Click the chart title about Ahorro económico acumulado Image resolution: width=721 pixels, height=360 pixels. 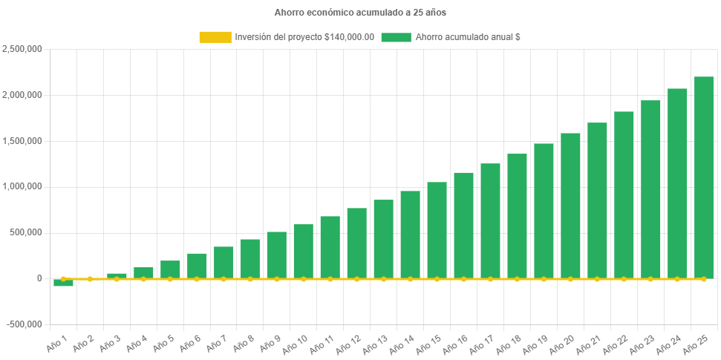pyautogui.click(x=360, y=13)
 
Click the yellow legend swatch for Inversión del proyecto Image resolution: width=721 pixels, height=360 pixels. pyautogui.click(x=215, y=37)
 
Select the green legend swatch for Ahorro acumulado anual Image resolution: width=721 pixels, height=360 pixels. pyautogui.click(x=396, y=37)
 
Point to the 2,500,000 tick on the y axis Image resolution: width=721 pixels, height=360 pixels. pyautogui.click(x=22, y=49)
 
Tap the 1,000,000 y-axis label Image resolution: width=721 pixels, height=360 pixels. pyautogui.click(x=22, y=186)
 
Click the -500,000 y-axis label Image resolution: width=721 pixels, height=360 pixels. pyautogui.click(x=24, y=324)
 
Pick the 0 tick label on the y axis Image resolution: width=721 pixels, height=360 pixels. pyautogui.click(x=39, y=278)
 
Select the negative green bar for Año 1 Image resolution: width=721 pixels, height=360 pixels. pyautogui.click(x=63, y=283)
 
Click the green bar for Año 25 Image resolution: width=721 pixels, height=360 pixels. pyautogui.click(x=703, y=177)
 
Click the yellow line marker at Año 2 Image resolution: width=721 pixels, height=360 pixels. pyautogui.click(x=90, y=279)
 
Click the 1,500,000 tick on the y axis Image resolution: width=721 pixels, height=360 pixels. pyautogui.click(x=22, y=141)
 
